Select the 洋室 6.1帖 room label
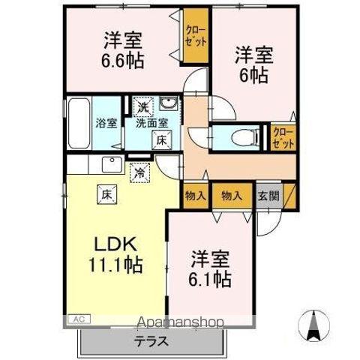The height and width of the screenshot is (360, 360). (x=210, y=268)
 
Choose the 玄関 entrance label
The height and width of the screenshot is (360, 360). (x=268, y=195)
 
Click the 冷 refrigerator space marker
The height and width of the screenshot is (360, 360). (x=140, y=172)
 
